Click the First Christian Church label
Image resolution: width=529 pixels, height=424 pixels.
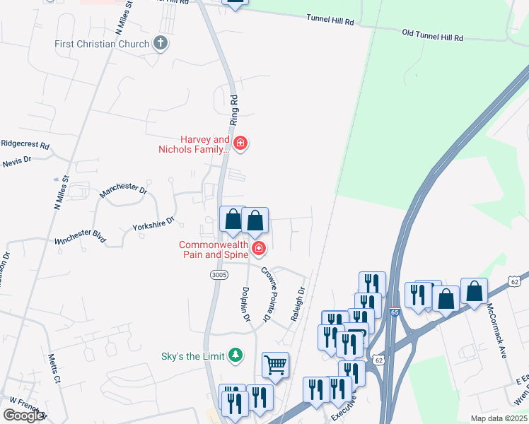click(x=102, y=44)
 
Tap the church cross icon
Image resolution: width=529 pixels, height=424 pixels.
click(x=161, y=44)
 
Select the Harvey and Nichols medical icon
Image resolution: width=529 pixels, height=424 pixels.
click(x=240, y=144)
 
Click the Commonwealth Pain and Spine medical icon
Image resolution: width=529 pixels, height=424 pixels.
click(x=259, y=248)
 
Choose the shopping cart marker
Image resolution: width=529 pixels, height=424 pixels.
click(x=275, y=365)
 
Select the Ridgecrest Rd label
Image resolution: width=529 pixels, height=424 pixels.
click(x=25, y=145)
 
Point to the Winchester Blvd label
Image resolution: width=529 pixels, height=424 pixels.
click(x=80, y=236)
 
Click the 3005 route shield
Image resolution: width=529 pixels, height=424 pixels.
click(x=218, y=273)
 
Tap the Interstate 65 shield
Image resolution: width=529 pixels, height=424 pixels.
click(x=393, y=312)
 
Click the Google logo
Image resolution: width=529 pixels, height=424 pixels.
click(x=23, y=416)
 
